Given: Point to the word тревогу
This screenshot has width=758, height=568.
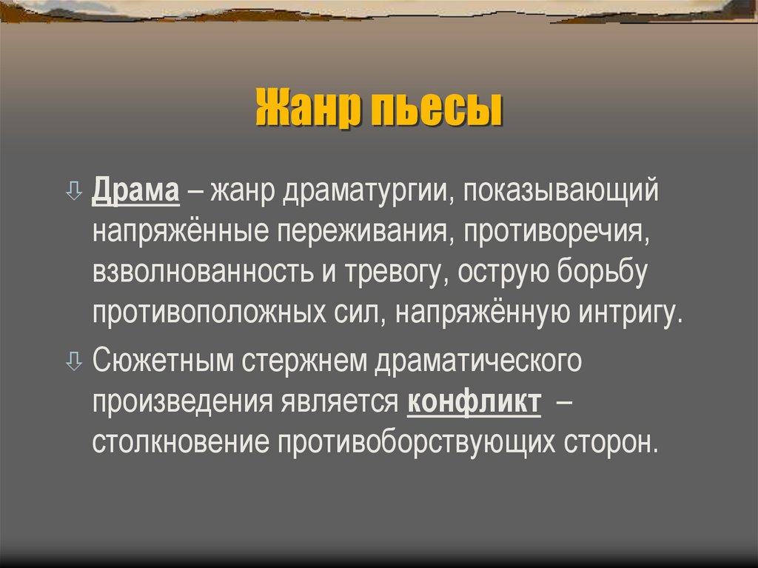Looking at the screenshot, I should coord(392,273).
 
